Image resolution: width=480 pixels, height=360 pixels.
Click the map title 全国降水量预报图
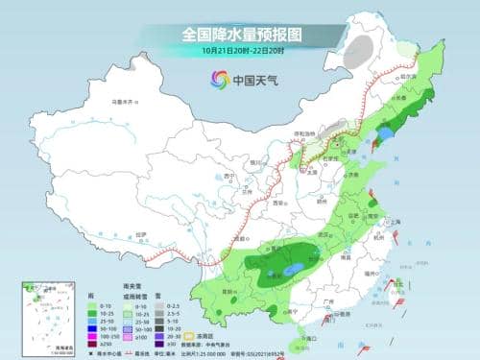(x=240, y=33)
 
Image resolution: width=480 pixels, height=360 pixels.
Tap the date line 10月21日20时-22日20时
(x=240, y=50)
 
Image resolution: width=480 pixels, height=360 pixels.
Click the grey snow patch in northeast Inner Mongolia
(x=357, y=59)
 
